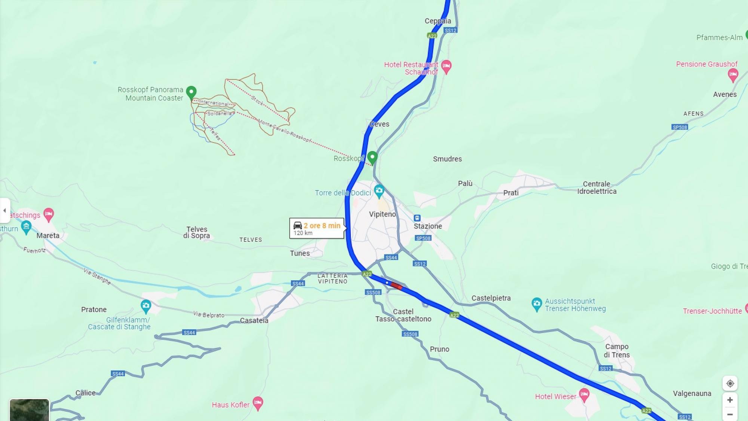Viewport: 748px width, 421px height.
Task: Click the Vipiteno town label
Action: tap(382, 214)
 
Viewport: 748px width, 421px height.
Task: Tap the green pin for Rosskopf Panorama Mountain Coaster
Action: tap(191, 92)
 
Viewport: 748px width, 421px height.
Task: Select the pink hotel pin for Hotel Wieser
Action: tap(584, 394)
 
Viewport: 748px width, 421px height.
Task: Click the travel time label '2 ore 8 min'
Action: tap(322, 226)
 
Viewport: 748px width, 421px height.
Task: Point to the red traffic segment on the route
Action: tap(396, 286)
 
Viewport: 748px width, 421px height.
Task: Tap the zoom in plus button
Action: tap(730, 400)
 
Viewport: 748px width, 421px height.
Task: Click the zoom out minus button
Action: tap(730, 414)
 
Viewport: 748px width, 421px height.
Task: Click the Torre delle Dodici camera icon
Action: tap(379, 191)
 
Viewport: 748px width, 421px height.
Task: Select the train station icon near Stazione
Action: tap(417, 218)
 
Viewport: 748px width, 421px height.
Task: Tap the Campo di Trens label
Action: tap(617, 351)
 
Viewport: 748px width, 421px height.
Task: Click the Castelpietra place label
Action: tap(491, 298)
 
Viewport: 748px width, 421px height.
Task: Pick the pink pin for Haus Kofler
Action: tap(258, 403)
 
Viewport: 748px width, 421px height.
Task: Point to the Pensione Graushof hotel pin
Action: tap(733, 75)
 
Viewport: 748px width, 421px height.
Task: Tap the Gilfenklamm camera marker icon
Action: tap(146, 306)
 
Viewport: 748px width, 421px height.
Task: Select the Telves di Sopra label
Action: tap(196, 232)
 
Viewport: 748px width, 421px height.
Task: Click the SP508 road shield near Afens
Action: tap(680, 127)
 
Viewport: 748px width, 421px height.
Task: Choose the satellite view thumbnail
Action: tap(29, 410)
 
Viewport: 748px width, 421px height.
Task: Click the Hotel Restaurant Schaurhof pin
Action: tap(446, 66)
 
